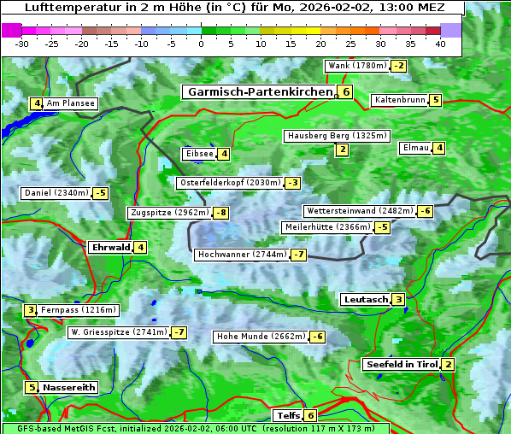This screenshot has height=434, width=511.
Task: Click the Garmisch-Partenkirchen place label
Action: pyautogui.click(x=259, y=91)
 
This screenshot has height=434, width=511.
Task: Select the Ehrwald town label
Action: pyautogui.click(x=109, y=248)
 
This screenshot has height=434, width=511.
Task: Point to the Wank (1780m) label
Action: pyautogui.click(x=357, y=66)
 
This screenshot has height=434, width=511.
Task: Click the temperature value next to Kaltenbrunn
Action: pyautogui.click(x=435, y=100)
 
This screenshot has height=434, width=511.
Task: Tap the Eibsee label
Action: pyautogui.click(x=198, y=154)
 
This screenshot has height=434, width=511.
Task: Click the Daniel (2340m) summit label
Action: pyautogui.click(x=56, y=193)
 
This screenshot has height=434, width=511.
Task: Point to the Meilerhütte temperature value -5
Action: pyautogui.click(x=383, y=227)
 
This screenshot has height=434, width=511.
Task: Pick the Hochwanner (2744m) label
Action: pyautogui.click(x=241, y=255)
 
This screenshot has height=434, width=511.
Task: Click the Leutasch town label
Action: pyautogui.click(x=365, y=300)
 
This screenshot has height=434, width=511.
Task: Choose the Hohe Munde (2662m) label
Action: pyautogui.click(x=260, y=337)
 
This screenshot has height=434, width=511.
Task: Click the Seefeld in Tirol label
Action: pyautogui.click(x=401, y=365)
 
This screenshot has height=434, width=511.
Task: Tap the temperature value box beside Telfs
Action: pyautogui.click(x=310, y=416)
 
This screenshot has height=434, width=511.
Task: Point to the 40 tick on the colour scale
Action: pyautogui.click(x=440, y=43)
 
